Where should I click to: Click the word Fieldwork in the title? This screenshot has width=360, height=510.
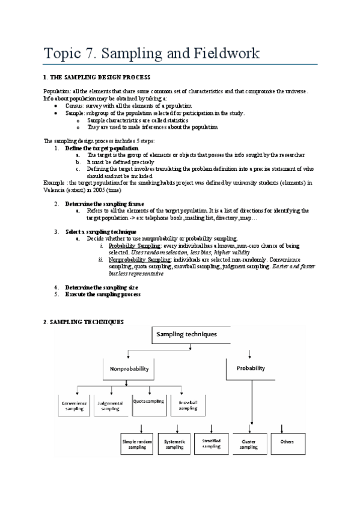224,53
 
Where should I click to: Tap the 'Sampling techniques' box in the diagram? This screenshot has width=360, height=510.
186,334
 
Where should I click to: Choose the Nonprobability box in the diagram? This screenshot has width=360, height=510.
129,368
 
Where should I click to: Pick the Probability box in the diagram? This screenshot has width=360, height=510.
250,368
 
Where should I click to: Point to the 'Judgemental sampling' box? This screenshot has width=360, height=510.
110,405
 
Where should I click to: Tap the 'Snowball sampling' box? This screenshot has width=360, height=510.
187,404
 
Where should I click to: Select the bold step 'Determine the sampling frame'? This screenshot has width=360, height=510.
104,204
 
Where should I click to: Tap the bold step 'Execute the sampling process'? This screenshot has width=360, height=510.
103,294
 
